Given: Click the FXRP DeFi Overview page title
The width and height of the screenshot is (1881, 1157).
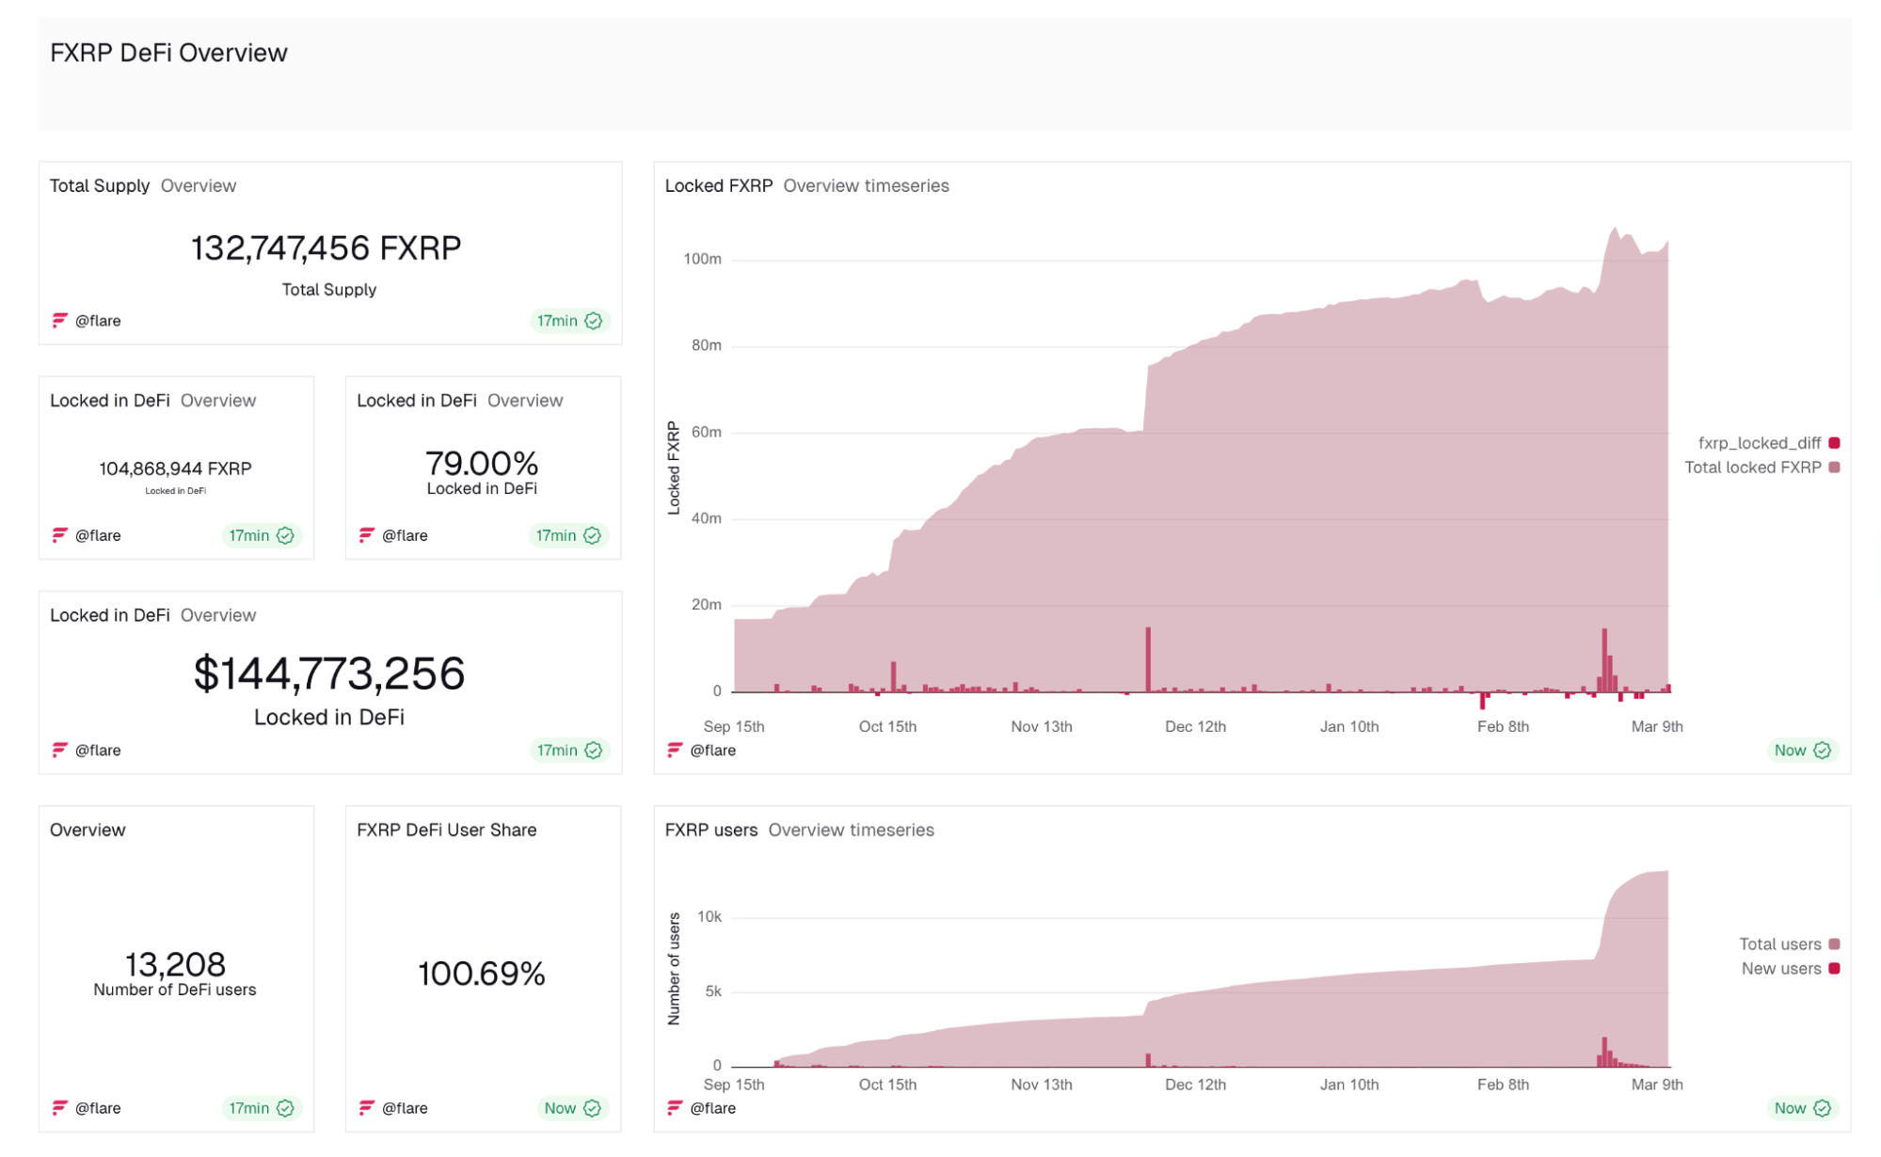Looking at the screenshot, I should coord(168,54).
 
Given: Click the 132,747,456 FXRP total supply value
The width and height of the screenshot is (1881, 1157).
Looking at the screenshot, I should coord(326,248).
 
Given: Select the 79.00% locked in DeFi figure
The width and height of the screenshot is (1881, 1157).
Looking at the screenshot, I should coord(481,463).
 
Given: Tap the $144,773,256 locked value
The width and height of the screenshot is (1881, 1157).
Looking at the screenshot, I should coord(329,674).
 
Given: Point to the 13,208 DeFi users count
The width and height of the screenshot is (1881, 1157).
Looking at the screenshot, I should coord(175,964).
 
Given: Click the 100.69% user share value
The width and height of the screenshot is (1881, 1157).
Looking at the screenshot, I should coord(481,974).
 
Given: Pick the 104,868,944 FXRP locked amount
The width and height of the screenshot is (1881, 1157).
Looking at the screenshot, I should coord(175,468).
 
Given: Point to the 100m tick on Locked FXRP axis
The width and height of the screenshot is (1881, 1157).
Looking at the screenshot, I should coord(702,259).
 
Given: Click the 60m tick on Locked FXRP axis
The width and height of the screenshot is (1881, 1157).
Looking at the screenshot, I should coord(706,432).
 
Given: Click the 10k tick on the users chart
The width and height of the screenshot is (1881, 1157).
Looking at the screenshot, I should coord(709,916).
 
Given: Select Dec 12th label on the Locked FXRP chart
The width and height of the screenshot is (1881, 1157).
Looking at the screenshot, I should coord(1195,726).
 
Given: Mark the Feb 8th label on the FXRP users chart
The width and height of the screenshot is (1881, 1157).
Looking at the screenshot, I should coord(1503,1085).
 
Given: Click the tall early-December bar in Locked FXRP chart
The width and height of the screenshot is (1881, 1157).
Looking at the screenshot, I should coord(1148,658).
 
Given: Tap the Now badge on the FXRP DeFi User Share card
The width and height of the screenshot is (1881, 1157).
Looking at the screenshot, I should coord(571,1108).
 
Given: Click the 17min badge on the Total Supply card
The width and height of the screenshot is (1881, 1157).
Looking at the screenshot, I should coord(568,321).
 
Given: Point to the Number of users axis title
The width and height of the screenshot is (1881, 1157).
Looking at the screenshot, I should coord(674,969).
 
